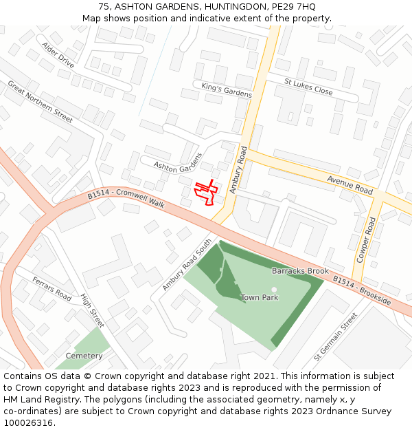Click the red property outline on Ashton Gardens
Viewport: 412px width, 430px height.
(x=206, y=192)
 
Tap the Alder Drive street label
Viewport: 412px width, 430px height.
(x=58, y=54)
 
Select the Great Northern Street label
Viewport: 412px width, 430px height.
(x=40, y=102)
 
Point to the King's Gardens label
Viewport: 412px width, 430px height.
(x=227, y=89)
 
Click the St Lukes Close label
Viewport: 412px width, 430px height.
(x=308, y=87)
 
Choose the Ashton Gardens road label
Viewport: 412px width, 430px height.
(x=178, y=163)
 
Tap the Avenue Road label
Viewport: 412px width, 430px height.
(x=350, y=184)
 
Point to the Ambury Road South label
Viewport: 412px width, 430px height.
(x=187, y=265)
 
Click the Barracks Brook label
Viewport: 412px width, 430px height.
(x=300, y=271)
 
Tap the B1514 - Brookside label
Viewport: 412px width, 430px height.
(x=362, y=291)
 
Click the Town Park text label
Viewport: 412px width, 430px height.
(x=260, y=298)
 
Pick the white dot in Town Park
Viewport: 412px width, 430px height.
(x=274, y=290)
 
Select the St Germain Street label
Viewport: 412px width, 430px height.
(x=336, y=337)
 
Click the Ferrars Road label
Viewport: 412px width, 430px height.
(x=52, y=289)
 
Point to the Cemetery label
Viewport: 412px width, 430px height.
(x=84, y=356)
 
